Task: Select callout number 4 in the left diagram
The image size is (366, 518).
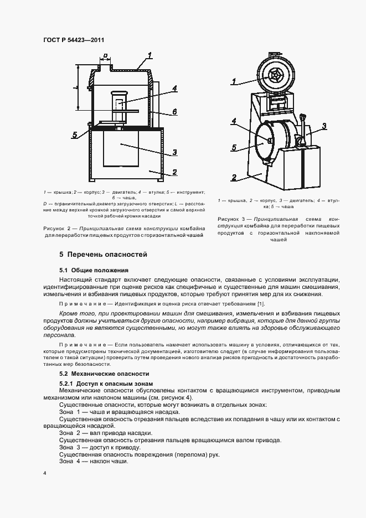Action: point(174,88)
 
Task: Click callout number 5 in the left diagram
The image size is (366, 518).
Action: point(74,134)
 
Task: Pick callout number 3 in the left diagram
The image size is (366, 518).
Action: point(174,152)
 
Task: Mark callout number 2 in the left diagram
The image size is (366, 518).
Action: point(174,172)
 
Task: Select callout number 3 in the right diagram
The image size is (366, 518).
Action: point(324,126)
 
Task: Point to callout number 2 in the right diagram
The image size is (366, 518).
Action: point(234,178)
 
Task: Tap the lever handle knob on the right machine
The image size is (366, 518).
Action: point(303,116)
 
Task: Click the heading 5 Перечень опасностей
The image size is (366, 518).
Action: point(103,255)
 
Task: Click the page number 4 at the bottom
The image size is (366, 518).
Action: point(44,474)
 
